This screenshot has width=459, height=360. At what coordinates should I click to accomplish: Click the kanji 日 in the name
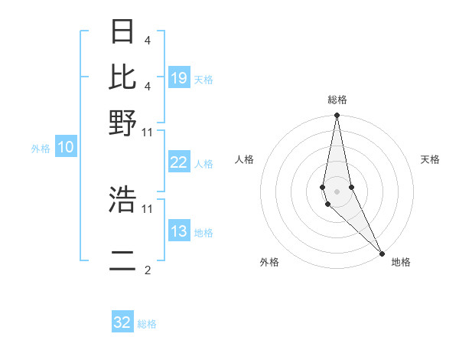point(123,32)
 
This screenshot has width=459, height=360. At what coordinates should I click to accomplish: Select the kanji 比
point(123,77)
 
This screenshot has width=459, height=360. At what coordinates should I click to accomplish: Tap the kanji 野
point(123,122)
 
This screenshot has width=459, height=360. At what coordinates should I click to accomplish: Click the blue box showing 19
point(179,78)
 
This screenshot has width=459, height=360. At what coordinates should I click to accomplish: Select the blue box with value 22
point(179,163)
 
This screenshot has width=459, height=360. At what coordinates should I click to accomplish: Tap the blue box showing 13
point(179,232)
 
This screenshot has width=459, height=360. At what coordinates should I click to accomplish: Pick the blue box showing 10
point(66,148)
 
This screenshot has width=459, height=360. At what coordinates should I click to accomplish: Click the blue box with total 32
point(122,322)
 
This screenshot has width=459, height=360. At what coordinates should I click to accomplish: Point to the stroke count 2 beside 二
point(147,270)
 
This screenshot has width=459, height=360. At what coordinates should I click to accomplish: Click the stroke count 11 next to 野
point(148,132)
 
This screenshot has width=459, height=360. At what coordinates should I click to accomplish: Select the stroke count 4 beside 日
point(147,40)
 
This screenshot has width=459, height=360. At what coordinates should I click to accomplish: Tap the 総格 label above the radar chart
point(337,100)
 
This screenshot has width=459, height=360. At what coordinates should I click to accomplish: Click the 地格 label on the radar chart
point(401,262)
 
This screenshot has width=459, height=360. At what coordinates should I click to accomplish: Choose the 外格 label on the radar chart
point(269,262)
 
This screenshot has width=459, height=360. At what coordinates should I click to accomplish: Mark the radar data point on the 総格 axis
point(337,116)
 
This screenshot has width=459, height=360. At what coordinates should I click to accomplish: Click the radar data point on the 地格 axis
point(382,252)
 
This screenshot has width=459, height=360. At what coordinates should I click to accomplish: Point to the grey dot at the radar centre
point(337,191)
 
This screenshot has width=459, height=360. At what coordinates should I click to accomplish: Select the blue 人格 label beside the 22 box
point(203,164)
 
